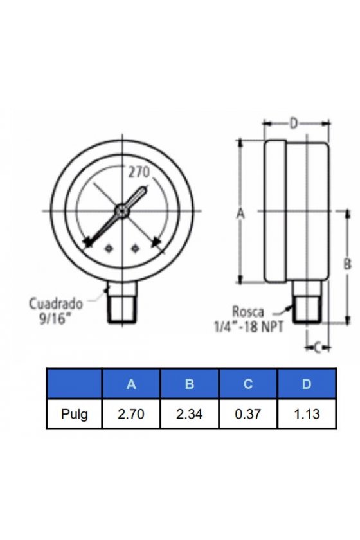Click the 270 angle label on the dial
tap(139, 172)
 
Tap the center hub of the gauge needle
tap(122, 211)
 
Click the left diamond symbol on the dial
tap(109, 248)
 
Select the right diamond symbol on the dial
tap(135, 248)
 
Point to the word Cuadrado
tap(56, 303)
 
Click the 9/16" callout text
tap(52, 319)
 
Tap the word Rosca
tap(248, 311)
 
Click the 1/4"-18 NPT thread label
tap(249, 327)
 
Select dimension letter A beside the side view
tap(240, 213)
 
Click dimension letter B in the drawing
tap(348, 264)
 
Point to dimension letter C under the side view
tap(318, 348)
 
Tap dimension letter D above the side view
tap(293, 123)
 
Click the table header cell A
tap(131, 384)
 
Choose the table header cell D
tap(307, 384)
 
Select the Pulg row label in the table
tap(74, 413)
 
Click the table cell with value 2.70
tap(131, 413)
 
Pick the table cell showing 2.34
tap(190, 413)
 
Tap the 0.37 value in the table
tap(248, 413)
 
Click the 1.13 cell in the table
tap(307, 413)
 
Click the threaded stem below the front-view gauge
tap(122, 302)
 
